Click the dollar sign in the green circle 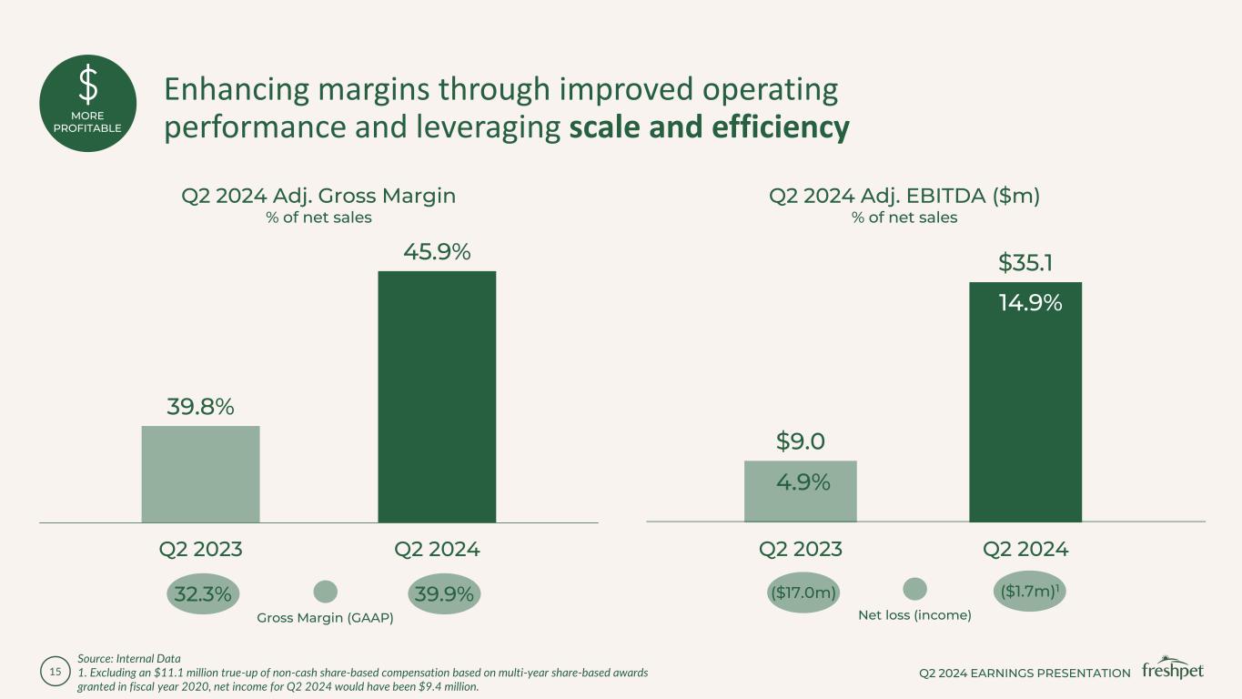point(88,86)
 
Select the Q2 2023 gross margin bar point(200,474)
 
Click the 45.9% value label point(437,251)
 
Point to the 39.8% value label point(200,407)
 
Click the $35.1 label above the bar point(1025,263)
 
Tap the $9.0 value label point(801,441)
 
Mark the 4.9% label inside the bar point(803,482)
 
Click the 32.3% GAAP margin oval point(200,594)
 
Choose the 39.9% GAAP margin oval point(444,594)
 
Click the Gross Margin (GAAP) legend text point(325,619)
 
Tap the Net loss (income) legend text point(914,615)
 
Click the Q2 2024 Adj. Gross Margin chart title point(318,196)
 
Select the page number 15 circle point(55,672)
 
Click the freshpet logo point(1173,669)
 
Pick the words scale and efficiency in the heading point(709,127)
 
